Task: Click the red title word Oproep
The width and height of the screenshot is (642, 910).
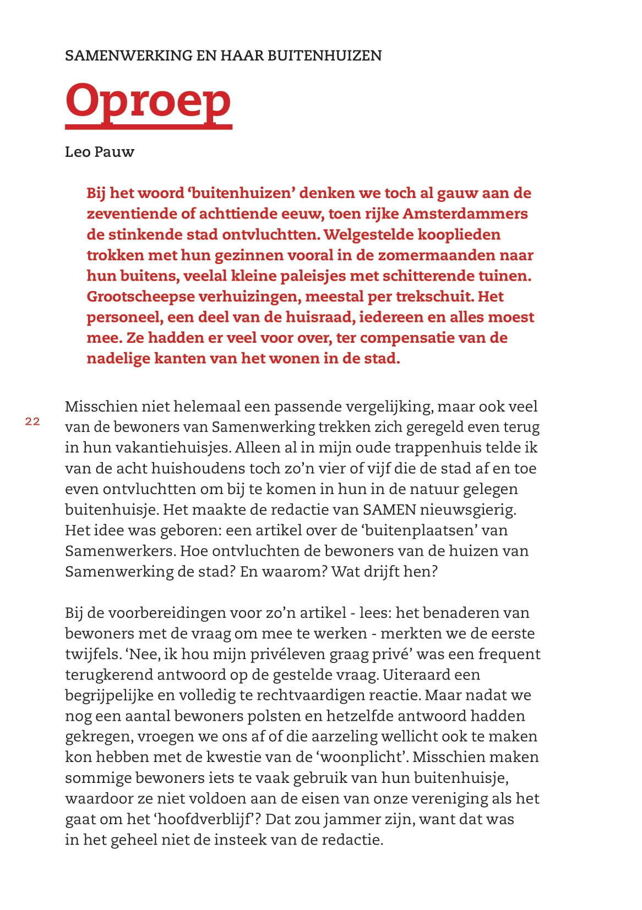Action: point(148,100)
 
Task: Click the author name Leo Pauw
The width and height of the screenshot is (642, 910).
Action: point(99,152)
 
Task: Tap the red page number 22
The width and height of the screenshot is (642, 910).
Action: point(32,421)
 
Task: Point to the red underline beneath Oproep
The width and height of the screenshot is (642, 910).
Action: point(149,127)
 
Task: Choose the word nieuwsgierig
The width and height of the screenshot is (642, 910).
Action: point(468,509)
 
